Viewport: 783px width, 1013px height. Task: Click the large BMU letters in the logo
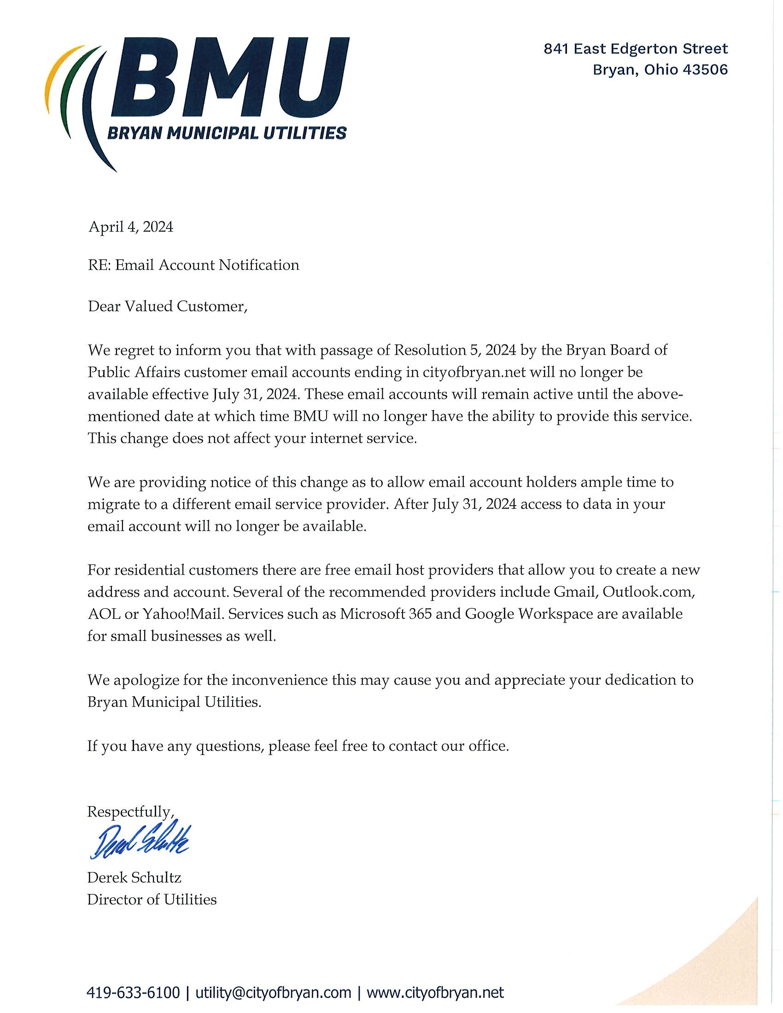coord(230,79)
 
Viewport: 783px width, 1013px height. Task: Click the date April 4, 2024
coord(131,227)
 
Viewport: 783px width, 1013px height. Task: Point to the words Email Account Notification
coord(207,265)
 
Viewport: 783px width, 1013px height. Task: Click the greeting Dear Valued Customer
coord(167,306)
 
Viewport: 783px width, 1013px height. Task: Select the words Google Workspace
coord(529,614)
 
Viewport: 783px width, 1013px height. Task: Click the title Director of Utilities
coord(152,900)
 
